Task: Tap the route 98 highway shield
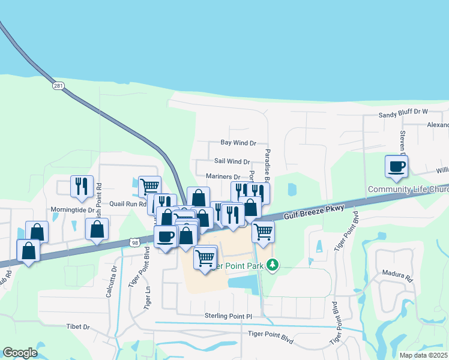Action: [135, 241]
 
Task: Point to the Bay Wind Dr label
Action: [238, 143]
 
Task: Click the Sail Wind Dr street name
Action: [232, 161]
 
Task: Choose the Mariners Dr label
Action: [223, 177]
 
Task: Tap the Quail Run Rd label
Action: [128, 204]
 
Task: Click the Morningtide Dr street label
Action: [73, 210]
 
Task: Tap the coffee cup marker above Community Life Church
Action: [396, 166]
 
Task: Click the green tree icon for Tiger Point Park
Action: [273, 265]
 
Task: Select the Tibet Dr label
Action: [78, 327]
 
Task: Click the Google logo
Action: [20, 352]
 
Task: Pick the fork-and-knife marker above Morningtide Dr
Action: [80, 187]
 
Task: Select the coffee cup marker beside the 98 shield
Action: [165, 236]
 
